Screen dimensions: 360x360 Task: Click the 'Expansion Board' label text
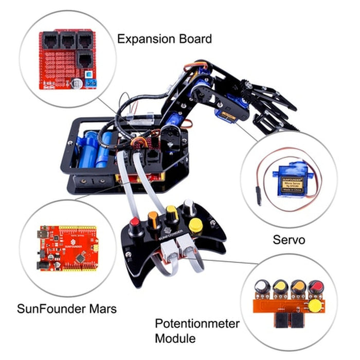(165, 39)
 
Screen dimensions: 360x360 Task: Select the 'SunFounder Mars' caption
(67, 309)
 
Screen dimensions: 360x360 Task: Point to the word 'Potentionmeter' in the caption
(197, 323)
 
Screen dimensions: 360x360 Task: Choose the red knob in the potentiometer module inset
(314, 286)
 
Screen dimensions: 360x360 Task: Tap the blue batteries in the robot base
(98, 147)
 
